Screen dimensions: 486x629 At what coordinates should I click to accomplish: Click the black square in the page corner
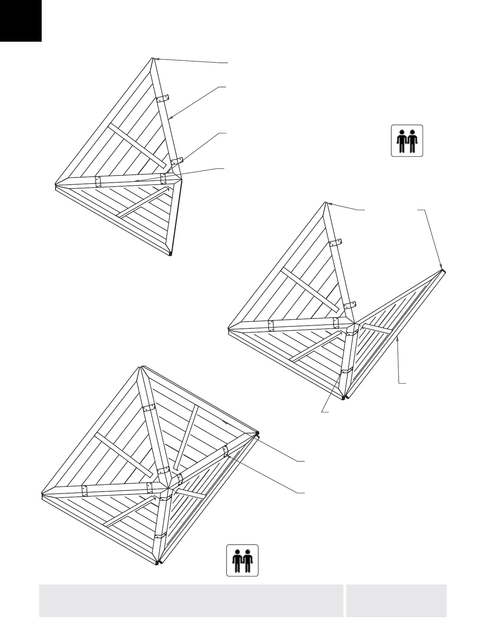[21, 21]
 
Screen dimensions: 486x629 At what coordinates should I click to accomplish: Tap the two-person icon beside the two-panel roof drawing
[407, 141]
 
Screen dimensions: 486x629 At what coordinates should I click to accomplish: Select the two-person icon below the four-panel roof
[242, 560]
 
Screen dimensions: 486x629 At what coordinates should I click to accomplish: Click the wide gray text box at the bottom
[191, 600]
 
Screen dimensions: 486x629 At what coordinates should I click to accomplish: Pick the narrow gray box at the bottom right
[396, 600]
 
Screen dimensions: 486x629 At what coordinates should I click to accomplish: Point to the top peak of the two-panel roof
[153, 58]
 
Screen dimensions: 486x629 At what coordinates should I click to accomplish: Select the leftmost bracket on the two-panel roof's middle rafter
[98, 181]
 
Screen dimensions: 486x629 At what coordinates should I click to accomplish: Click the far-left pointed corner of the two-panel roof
[56, 183]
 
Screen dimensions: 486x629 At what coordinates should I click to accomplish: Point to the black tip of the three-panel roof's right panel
[443, 271]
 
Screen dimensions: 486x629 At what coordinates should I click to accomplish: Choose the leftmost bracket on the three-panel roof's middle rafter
[271, 326]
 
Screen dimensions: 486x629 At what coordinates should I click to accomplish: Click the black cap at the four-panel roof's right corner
[258, 432]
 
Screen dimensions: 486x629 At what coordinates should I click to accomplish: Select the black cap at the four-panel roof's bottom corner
[158, 562]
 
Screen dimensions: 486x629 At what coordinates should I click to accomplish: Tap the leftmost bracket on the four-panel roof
[85, 491]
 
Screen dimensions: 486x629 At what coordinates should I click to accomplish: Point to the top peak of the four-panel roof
[140, 367]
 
